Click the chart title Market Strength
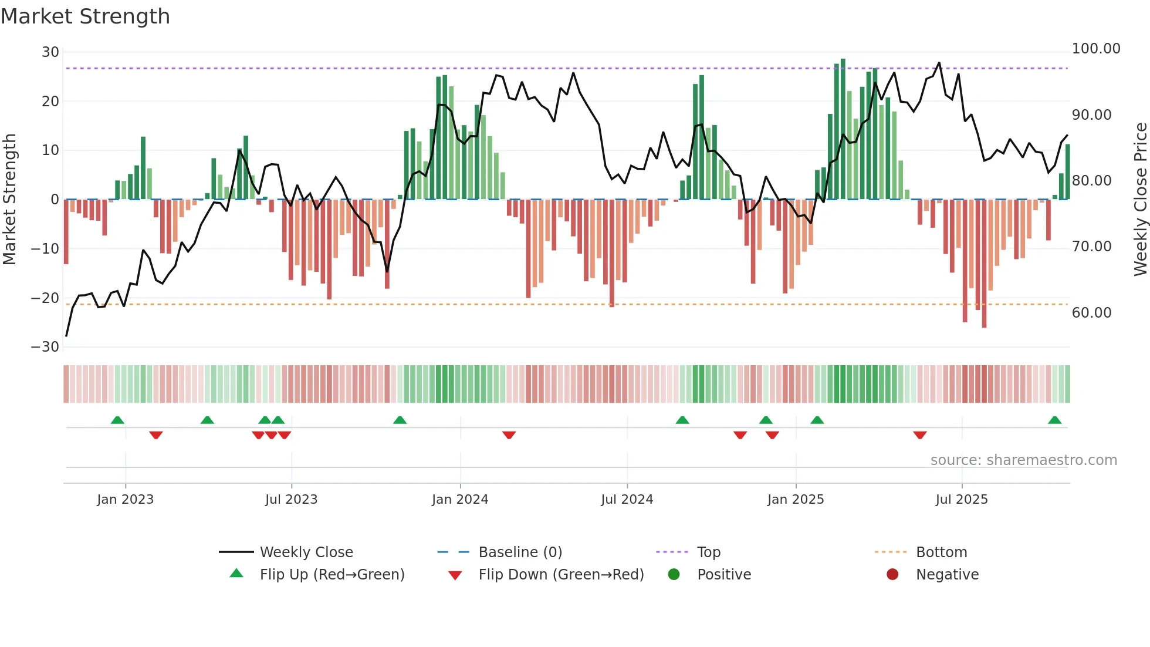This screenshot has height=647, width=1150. (x=85, y=16)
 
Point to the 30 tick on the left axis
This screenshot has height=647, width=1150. (x=50, y=52)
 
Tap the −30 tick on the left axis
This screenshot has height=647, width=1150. (x=45, y=347)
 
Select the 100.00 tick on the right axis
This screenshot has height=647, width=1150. (x=1095, y=49)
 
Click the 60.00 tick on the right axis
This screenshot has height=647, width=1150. (x=1091, y=313)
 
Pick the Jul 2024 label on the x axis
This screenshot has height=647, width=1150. (x=627, y=500)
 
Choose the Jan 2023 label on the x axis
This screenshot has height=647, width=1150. (x=125, y=500)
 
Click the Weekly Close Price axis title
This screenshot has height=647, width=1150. (x=1140, y=200)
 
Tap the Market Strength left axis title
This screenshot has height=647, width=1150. (x=9, y=200)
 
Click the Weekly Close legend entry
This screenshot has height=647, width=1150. (x=306, y=552)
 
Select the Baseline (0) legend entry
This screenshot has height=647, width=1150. (x=520, y=552)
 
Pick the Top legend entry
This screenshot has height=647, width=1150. (x=708, y=552)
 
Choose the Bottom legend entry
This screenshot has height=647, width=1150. (x=941, y=552)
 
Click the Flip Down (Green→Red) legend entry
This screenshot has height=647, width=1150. (x=560, y=575)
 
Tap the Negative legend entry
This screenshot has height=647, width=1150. (x=947, y=575)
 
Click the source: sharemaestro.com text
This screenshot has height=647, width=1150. (x=1023, y=460)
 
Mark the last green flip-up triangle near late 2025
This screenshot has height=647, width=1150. (x=1054, y=420)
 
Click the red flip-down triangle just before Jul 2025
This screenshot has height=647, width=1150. (x=919, y=435)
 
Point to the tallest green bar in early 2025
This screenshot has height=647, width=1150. (x=843, y=129)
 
